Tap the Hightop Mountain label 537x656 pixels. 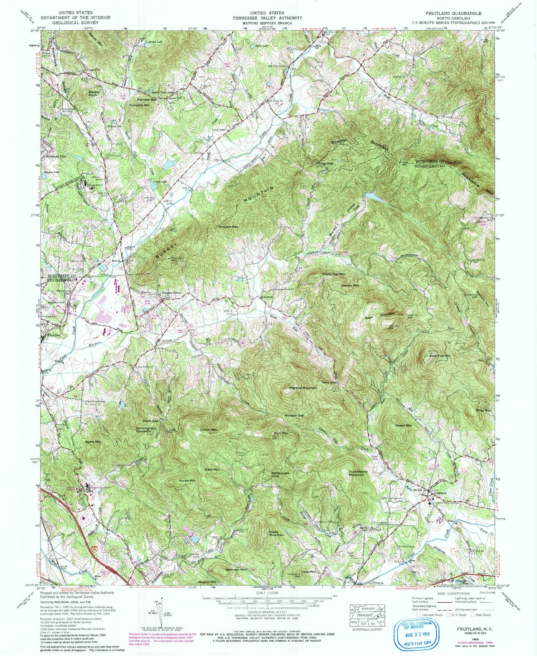click(303, 388)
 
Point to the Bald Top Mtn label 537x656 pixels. click(439, 356)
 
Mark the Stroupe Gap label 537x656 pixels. click(228, 227)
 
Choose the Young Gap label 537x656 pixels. click(324, 163)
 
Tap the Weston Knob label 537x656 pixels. click(94, 93)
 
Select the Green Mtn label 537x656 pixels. click(403, 425)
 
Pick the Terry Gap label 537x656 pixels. click(329, 382)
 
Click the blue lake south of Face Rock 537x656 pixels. click(375, 197)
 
